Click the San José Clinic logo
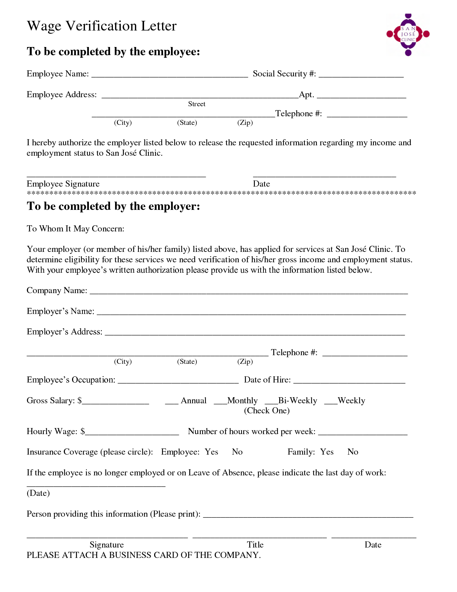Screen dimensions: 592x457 point(408,34)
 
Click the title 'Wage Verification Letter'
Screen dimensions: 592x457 point(102,26)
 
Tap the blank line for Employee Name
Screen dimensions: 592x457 point(170,76)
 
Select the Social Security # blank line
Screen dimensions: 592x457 point(361,76)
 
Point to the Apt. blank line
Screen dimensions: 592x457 point(361,97)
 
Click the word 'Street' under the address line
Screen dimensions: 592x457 point(197,104)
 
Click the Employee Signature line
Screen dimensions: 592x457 point(116,175)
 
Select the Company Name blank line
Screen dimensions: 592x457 point(249,292)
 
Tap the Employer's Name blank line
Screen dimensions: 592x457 point(251,313)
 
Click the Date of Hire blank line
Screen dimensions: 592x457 point(349,382)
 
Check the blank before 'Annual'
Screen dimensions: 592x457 point(172,403)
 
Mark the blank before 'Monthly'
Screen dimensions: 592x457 point(220,403)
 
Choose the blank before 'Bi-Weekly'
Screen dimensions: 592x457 point(271,403)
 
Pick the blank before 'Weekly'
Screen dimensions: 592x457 point(331,403)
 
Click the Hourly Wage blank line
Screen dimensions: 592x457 point(132,433)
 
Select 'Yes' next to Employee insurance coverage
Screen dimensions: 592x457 point(211,452)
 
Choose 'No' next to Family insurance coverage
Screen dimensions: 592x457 point(353,452)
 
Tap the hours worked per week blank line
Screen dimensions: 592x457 point(363,433)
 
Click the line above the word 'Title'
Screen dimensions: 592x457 point(260,536)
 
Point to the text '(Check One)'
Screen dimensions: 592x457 point(267,411)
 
